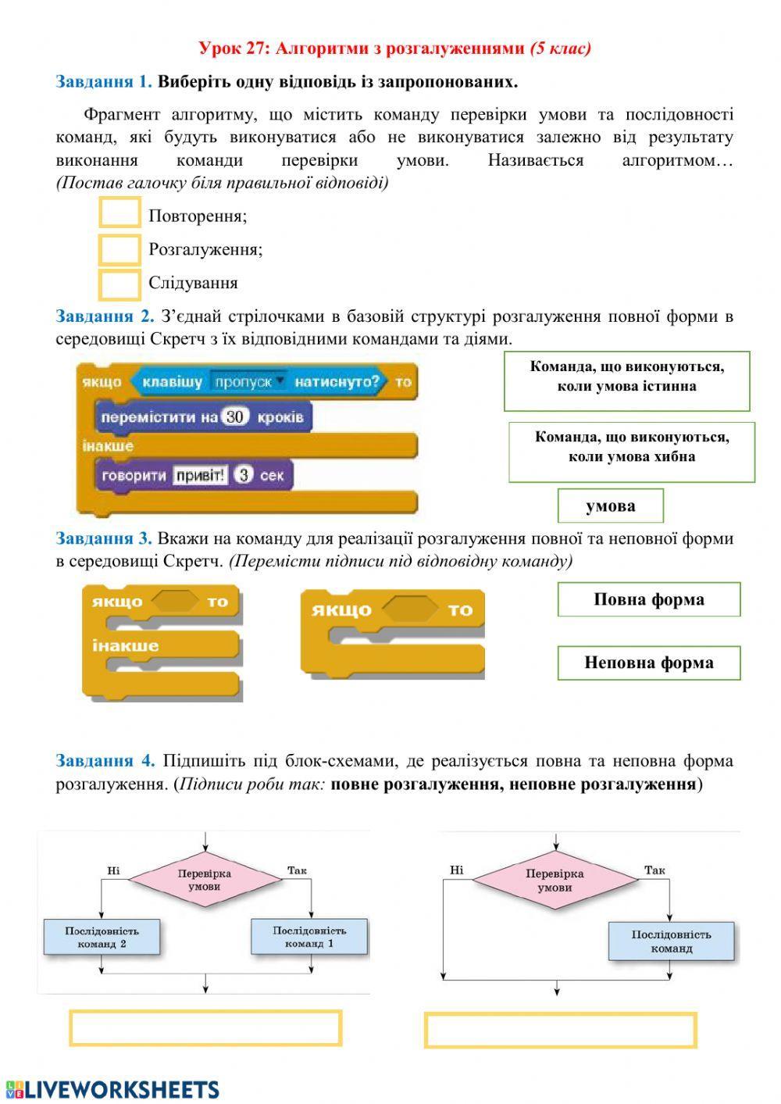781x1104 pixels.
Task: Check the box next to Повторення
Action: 120,213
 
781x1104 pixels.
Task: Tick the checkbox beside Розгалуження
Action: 120,249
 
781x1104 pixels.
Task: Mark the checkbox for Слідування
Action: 120,284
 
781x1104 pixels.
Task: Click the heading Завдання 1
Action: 103,81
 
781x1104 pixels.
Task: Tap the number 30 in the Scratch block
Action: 234,417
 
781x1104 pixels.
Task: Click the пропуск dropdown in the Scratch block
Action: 248,382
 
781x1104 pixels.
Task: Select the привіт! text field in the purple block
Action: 201,475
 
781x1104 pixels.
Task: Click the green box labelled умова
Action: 610,506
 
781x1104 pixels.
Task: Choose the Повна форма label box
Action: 648,599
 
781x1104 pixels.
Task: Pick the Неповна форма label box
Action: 648,663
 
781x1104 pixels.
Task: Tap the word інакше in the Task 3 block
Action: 125,646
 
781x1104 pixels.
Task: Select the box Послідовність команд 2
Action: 102,937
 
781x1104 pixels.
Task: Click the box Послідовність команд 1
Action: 309,937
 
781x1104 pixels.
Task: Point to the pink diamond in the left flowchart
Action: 205,881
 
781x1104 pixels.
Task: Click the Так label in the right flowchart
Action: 654,870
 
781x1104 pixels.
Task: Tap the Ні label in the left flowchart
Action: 114,870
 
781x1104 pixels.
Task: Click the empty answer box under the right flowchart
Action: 560,1030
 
